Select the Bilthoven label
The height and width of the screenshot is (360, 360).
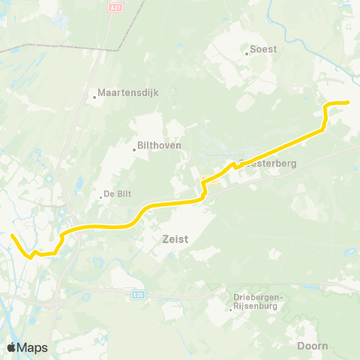(x=160, y=145)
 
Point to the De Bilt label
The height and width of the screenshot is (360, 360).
(x=118, y=193)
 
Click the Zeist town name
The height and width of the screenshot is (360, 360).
(x=174, y=240)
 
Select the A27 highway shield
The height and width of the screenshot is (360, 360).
(x=115, y=8)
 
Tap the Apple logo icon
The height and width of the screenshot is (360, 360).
(x=11, y=347)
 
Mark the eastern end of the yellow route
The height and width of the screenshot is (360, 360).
(x=349, y=102)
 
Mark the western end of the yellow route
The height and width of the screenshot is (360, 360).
(x=11, y=236)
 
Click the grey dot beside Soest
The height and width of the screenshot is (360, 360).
(x=247, y=53)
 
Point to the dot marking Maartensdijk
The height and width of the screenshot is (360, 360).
(x=94, y=96)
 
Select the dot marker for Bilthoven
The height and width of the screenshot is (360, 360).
(x=134, y=149)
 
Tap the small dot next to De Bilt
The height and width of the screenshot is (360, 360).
(x=101, y=197)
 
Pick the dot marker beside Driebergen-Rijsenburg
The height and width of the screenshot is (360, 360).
(x=230, y=306)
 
